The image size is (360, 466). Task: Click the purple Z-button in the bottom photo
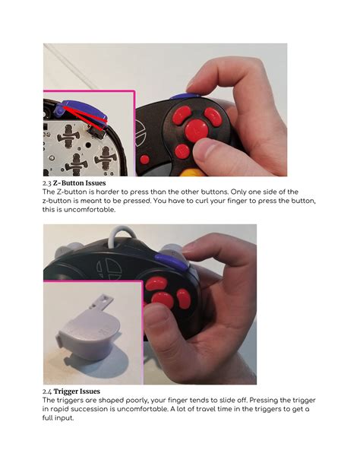160,258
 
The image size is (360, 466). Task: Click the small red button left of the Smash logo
143,160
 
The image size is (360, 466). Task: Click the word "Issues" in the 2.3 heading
113,183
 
